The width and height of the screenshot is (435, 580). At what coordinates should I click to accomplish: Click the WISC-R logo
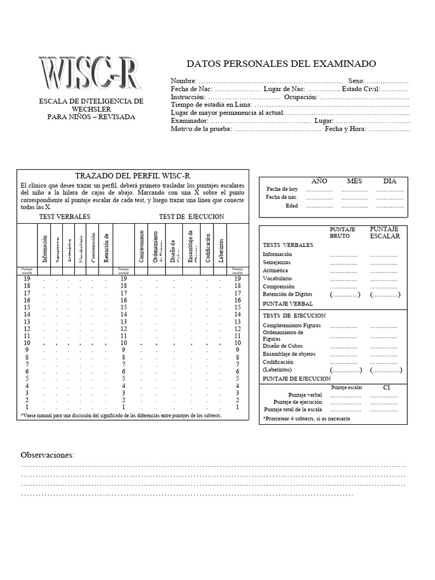(x=90, y=75)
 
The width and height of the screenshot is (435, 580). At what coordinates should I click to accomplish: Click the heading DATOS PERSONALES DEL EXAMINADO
(x=281, y=64)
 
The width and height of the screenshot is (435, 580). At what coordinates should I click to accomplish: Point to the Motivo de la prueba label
(x=201, y=129)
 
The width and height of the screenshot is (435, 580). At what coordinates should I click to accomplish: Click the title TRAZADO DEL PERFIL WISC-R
(x=132, y=175)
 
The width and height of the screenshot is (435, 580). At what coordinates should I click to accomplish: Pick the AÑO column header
(x=319, y=181)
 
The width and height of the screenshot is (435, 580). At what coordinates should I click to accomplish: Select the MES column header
(x=355, y=181)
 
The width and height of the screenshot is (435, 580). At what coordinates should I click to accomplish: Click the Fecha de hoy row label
(x=282, y=189)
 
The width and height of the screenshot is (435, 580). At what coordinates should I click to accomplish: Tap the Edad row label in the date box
(x=291, y=206)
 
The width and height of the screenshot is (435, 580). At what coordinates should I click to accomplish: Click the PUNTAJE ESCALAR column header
(x=385, y=232)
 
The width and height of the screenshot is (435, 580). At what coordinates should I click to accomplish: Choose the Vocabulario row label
(x=278, y=279)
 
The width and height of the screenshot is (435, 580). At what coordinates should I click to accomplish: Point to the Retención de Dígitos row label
(x=287, y=295)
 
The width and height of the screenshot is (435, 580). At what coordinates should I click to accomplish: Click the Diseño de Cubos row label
(x=283, y=346)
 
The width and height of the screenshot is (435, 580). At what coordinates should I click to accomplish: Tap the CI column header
(x=386, y=388)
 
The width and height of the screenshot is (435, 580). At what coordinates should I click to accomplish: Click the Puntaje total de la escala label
(x=293, y=409)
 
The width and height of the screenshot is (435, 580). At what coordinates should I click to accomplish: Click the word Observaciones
(x=48, y=455)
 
